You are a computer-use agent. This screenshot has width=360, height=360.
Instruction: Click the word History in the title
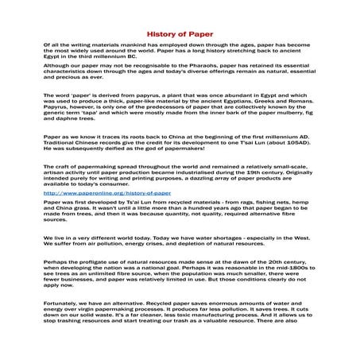[157, 37]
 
